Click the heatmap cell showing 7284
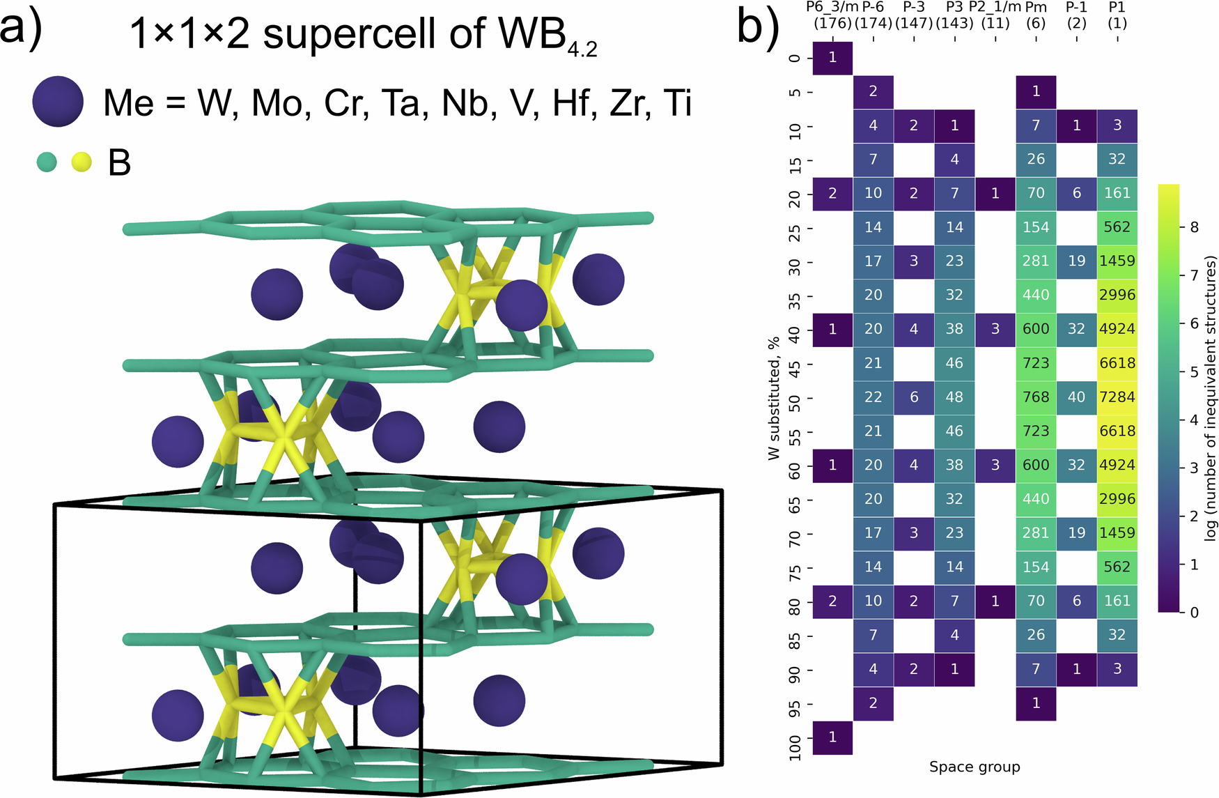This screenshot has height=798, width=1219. coord(1117,397)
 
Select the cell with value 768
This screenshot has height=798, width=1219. coord(1036,397)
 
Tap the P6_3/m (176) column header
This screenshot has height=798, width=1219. coord(832,15)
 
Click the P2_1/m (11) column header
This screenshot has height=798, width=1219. coord(995,15)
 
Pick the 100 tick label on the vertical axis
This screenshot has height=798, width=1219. coord(795,747)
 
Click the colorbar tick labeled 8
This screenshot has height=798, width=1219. coord(1194,227)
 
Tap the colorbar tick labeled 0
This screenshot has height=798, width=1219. coord(1194,613)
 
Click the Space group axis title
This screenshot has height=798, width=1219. coord(974,767)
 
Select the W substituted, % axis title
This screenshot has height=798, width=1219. coord(774,398)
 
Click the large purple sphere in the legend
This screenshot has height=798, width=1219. coord(58,102)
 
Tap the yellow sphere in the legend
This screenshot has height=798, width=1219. coord(81,162)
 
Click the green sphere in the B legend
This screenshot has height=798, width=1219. coord(46,162)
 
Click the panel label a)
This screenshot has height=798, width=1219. coord(21,28)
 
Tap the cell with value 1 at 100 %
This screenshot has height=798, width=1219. coord(832,737)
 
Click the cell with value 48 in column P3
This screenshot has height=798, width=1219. coord(954,397)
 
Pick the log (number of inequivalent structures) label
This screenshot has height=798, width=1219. coord(1211,398)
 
